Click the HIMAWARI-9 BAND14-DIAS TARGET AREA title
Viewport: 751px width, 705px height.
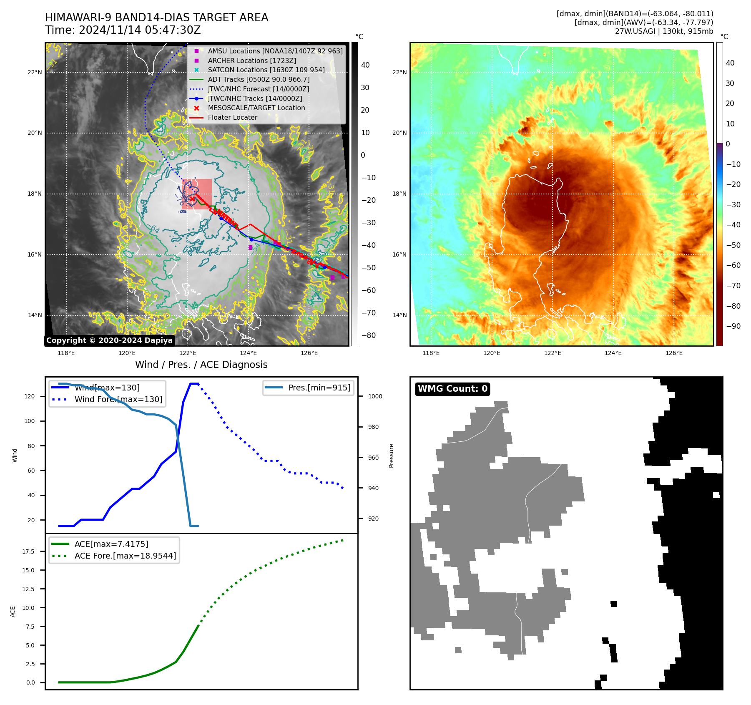click(156, 18)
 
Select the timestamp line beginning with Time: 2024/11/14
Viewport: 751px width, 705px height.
click(123, 30)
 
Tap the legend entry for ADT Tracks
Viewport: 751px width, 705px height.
click(259, 79)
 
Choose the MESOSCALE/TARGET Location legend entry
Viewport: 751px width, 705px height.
click(256, 108)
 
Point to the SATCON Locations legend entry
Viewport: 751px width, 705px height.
click(266, 70)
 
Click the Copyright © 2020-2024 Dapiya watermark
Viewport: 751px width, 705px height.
click(109, 340)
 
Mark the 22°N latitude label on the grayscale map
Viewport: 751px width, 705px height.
click(35, 72)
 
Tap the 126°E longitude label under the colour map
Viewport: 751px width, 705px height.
click(674, 353)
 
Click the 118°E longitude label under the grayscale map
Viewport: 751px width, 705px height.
click(66, 353)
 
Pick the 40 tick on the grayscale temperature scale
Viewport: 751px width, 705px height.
click(365, 65)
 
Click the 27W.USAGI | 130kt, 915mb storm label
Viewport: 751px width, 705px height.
click(664, 31)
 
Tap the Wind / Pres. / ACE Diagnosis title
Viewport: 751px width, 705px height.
click(201, 365)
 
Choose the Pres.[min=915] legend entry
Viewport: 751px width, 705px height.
click(319, 388)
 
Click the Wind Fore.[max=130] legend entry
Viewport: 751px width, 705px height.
click(118, 399)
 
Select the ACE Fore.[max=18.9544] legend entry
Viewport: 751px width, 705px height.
click(125, 556)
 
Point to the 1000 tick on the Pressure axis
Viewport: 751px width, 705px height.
click(375, 396)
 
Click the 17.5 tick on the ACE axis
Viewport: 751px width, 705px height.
click(28, 551)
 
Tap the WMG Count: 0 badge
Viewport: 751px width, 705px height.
click(452, 389)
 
